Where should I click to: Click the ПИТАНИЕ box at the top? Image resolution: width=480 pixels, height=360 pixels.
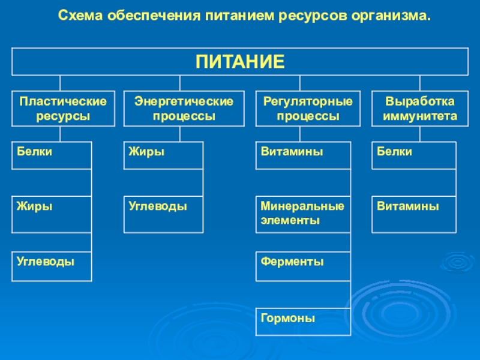240,61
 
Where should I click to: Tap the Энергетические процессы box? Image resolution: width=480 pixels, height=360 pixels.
184,108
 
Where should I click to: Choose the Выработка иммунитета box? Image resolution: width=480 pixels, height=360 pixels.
420,108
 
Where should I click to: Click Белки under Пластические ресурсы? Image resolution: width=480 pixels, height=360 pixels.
52,155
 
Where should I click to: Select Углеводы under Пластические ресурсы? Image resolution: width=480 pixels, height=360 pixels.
52,266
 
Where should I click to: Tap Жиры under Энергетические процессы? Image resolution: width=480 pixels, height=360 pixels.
163,155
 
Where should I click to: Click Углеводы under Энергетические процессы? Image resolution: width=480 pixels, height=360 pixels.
163,214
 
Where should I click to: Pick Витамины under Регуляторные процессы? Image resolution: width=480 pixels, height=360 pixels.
303,155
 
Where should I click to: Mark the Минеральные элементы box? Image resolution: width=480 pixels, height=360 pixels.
303,214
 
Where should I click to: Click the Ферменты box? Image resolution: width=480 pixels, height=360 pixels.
303,266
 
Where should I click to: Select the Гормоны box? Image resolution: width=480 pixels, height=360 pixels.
303,322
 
